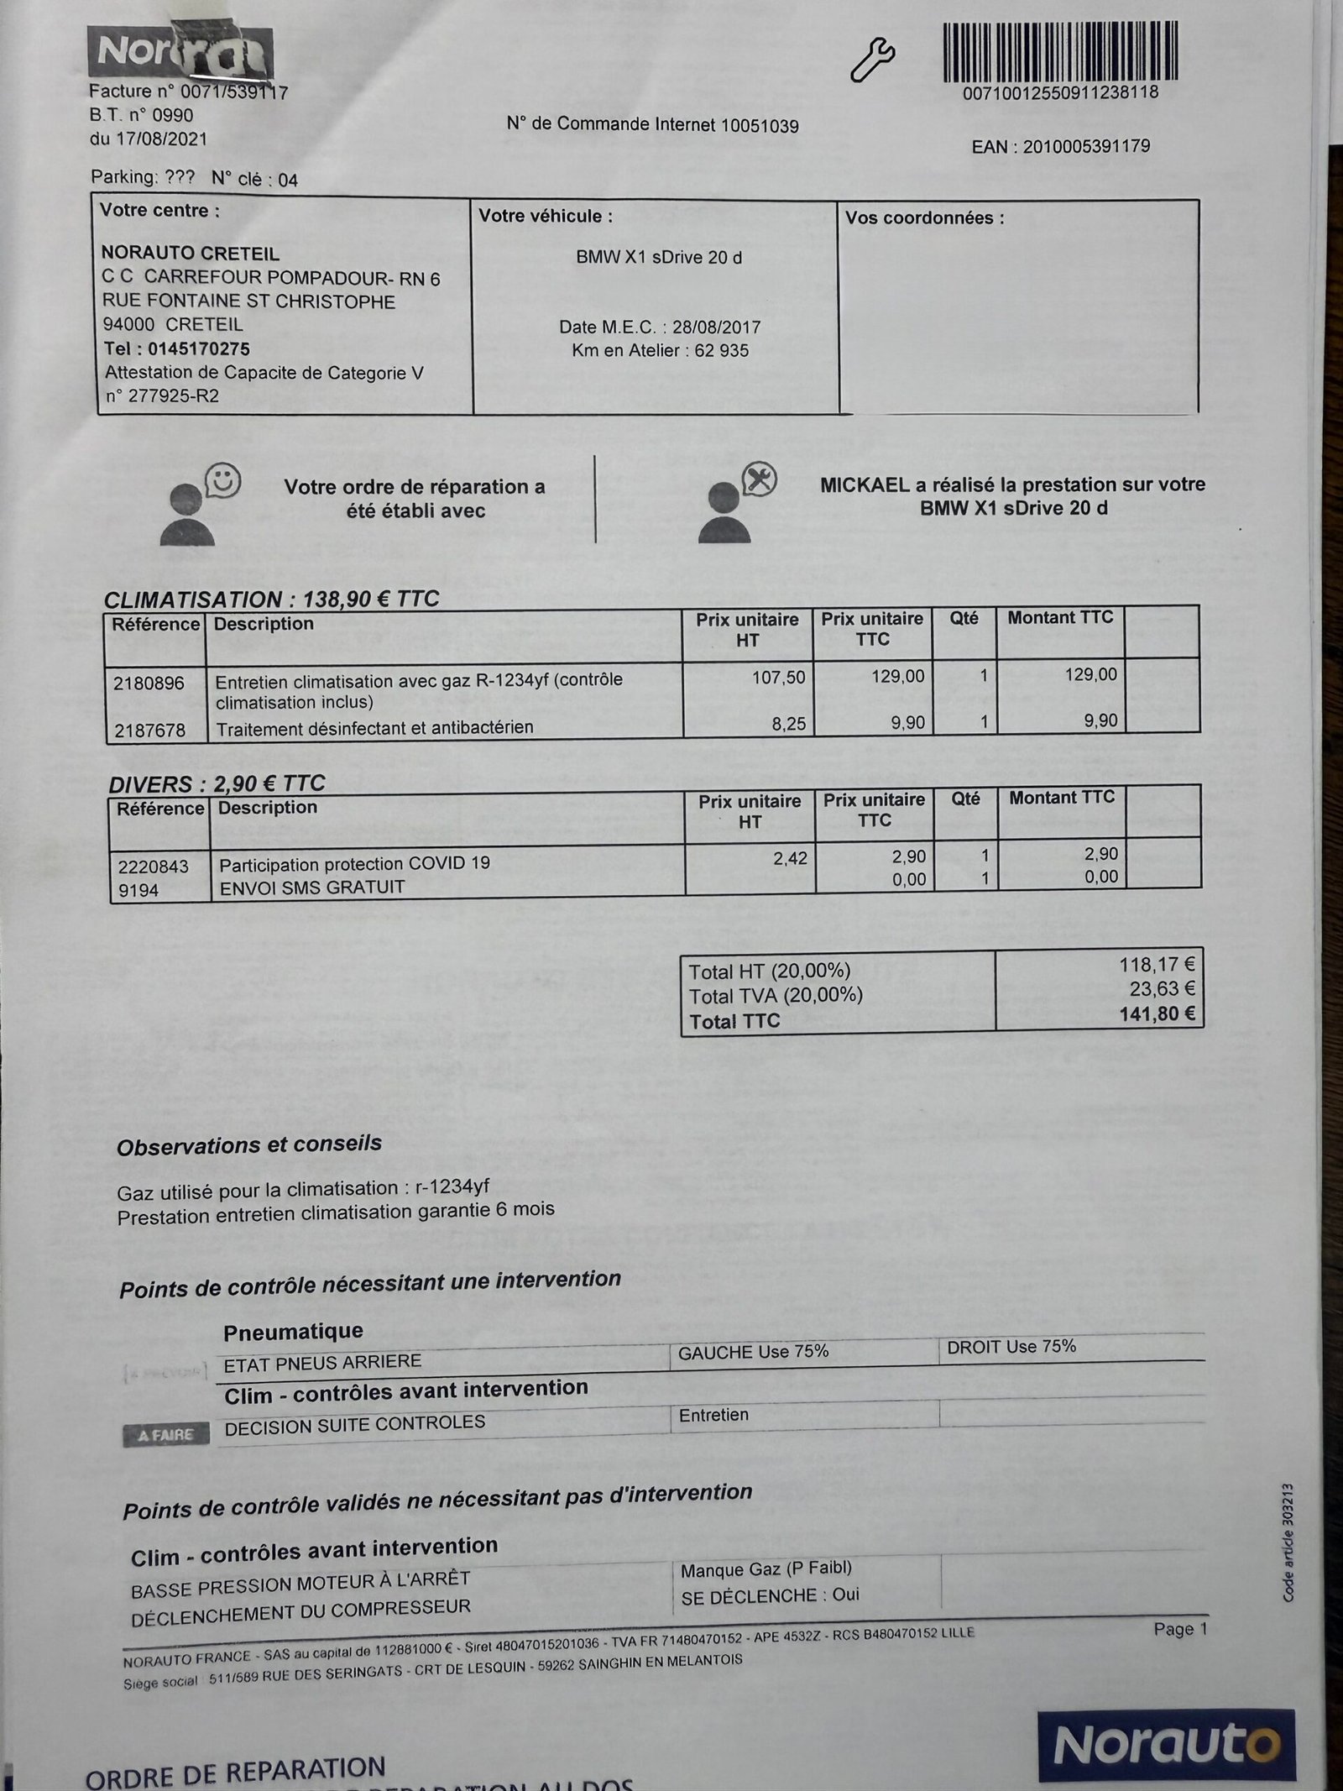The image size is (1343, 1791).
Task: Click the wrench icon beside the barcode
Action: (873, 60)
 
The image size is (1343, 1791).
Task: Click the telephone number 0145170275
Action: (199, 348)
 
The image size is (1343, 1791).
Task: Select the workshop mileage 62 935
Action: (722, 351)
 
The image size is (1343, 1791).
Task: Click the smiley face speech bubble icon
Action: (223, 481)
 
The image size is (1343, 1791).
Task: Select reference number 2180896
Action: (149, 683)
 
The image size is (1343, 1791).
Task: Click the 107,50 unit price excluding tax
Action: (778, 678)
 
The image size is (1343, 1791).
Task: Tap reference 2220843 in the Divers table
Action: (153, 866)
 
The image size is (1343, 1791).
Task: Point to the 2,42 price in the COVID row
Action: (790, 858)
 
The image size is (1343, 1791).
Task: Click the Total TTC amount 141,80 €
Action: (1157, 1014)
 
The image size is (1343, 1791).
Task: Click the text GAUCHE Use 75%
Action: (753, 1352)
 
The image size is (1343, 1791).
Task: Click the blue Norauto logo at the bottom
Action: (1166, 1745)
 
